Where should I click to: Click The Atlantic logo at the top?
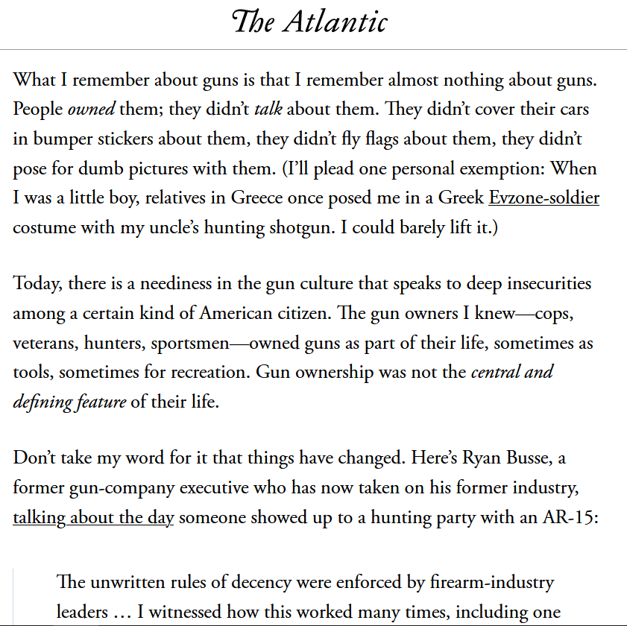click(309, 22)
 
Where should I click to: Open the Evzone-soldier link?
click(543, 198)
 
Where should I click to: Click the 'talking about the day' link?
click(93, 517)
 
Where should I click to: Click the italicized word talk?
click(268, 109)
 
